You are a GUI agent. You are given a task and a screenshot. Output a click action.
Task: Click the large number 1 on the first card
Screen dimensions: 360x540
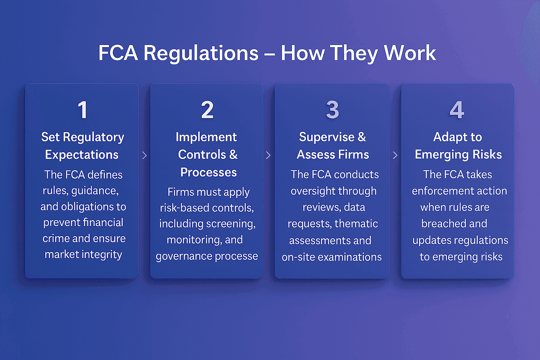(83, 110)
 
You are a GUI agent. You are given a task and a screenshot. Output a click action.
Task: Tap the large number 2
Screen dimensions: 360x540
(207, 110)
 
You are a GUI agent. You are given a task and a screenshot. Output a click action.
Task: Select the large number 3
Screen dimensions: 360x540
(332, 110)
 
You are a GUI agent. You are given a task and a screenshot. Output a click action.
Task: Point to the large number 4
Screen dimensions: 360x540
(457, 110)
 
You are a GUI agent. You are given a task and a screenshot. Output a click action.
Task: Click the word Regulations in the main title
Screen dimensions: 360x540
(201, 53)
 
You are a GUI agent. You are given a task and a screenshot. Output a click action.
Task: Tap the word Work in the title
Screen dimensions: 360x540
(410, 53)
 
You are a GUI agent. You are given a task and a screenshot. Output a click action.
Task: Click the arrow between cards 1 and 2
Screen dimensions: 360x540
(144, 155)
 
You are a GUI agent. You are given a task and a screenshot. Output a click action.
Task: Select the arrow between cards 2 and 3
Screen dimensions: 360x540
(269, 155)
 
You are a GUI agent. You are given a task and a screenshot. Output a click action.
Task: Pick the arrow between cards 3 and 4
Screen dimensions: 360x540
(396, 155)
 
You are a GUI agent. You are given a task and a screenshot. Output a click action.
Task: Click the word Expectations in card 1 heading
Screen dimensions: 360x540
(82, 155)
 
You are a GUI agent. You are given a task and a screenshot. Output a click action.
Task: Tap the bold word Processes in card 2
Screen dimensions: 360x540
(208, 172)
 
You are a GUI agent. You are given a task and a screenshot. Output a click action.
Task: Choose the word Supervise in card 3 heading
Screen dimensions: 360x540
(327, 137)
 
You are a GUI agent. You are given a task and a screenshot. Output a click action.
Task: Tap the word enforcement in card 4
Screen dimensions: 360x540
(442, 191)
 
